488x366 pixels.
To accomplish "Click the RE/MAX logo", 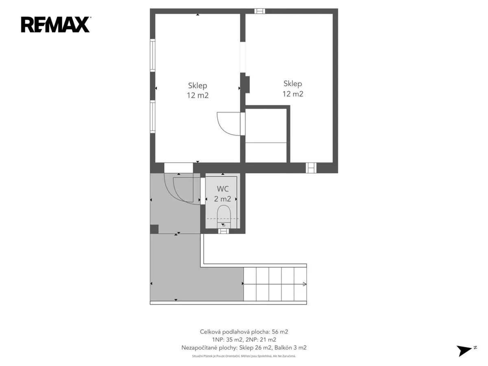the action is point(56,24).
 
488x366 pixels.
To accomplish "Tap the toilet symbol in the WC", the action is point(224,216).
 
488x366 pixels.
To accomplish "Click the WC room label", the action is point(222,189).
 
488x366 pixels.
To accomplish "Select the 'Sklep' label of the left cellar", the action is point(197,85).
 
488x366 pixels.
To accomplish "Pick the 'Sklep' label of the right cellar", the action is point(292,84).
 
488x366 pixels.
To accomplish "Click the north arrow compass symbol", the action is point(466,350).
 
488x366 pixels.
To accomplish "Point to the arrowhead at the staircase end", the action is point(305,284).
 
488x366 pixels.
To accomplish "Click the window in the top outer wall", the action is point(260,11).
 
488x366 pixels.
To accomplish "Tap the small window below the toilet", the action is point(223,231).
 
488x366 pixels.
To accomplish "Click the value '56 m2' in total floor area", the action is point(280,332).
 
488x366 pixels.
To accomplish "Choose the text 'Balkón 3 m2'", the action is point(290,348).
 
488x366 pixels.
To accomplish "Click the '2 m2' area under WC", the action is point(222,199).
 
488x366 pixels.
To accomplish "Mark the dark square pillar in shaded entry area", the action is point(154,229).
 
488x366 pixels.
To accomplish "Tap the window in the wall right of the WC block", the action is point(311,168).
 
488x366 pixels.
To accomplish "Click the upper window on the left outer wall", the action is point(152,55).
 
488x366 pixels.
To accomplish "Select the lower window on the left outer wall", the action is point(152,117).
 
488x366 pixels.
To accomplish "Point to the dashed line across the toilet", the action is point(222,219).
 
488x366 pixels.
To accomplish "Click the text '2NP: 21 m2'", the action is point(261,340).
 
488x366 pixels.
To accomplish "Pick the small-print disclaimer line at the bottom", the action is point(244,356).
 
